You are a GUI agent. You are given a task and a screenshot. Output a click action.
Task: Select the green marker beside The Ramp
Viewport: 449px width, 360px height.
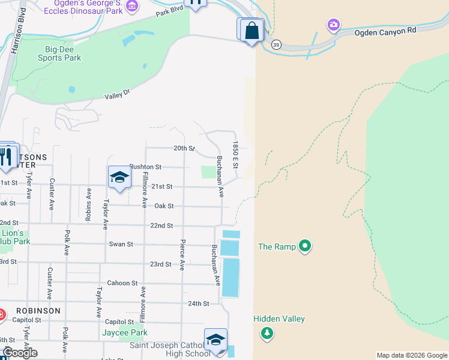pyautogui.click(x=306, y=245)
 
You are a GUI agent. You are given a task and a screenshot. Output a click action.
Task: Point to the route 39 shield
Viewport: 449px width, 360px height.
pyautogui.click(x=276, y=44)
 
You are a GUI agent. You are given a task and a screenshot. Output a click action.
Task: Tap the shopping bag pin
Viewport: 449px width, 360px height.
pyautogui.click(x=253, y=30)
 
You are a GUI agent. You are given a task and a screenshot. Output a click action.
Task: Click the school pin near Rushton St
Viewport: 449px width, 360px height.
pyautogui.click(x=120, y=177)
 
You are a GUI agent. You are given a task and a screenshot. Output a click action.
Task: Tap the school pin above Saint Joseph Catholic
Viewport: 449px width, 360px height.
pyautogui.click(x=215, y=340)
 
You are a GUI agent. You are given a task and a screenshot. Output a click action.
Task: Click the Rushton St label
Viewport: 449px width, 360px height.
pyautogui.click(x=145, y=167)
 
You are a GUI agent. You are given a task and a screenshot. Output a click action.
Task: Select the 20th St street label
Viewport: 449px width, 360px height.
pyautogui.click(x=184, y=148)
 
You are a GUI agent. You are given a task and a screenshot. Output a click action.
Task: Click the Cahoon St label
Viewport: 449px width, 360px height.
pyautogui.click(x=122, y=283)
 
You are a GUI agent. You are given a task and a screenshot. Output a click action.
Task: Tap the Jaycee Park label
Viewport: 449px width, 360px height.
pyautogui.click(x=124, y=332)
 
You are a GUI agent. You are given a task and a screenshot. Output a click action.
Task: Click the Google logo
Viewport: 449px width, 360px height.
pyautogui.click(x=20, y=353)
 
